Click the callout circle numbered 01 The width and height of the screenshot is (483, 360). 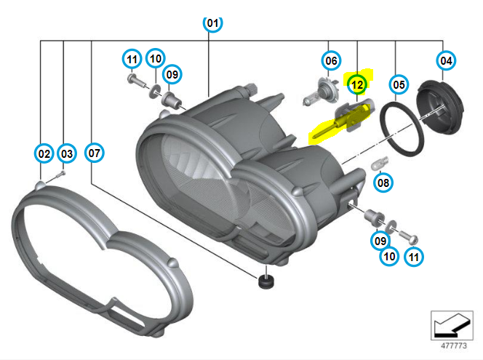pos(212,23)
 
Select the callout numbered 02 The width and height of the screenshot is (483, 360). pos(44,153)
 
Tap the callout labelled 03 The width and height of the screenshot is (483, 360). pos(67,153)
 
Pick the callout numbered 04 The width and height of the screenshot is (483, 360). pos(446,60)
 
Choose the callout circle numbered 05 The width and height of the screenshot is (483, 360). pos(399,84)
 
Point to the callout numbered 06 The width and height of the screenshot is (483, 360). pos(331,60)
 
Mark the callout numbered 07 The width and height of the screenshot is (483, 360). pos(95,153)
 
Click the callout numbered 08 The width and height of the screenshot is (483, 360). pos(383,183)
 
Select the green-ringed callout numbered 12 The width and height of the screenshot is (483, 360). pos(357,84)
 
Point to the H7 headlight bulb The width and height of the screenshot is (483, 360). pos(320,92)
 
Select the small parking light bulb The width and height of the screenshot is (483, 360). pos(380,163)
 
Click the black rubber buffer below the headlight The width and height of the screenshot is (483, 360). pos(266,281)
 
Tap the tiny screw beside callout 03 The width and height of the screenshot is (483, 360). pos(60,175)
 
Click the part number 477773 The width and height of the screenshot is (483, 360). pos(453,345)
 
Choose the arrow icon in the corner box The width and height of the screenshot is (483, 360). pos(452,325)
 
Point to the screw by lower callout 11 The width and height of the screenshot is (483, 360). pos(409,237)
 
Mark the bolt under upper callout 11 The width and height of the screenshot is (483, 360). pos(137,81)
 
